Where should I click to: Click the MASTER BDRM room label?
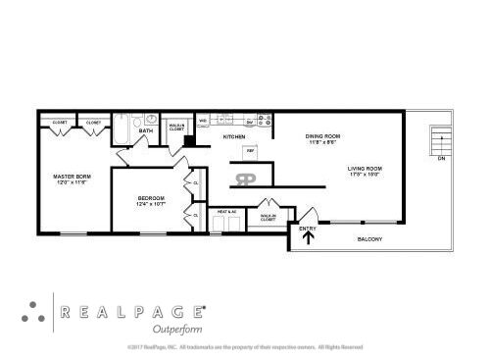click(71, 177)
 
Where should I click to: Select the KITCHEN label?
click(233, 137)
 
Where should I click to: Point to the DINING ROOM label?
click(322, 135)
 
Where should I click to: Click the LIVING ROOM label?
click(365, 169)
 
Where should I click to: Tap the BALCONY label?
click(368, 239)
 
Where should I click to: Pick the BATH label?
click(146, 130)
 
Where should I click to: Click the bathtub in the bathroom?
click(122, 129)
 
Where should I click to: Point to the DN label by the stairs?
click(441, 158)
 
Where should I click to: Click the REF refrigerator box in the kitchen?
click(251, 151)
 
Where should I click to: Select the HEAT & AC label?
click(227, 212)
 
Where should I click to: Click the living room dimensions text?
click(365, 176)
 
